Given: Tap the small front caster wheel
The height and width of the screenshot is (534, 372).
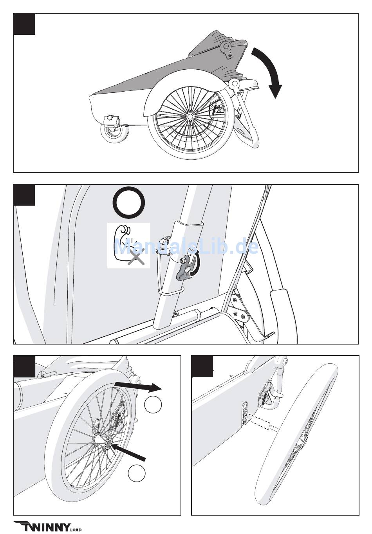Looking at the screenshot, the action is pos(114,133).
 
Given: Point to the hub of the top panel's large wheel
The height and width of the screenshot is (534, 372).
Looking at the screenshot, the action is pos(190,117).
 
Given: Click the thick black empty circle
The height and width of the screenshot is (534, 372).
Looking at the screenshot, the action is pos(129,202).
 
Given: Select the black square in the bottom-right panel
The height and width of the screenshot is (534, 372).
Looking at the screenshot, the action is pos(202,366).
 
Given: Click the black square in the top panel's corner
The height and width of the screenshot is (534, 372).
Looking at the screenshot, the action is pos(24,24).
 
